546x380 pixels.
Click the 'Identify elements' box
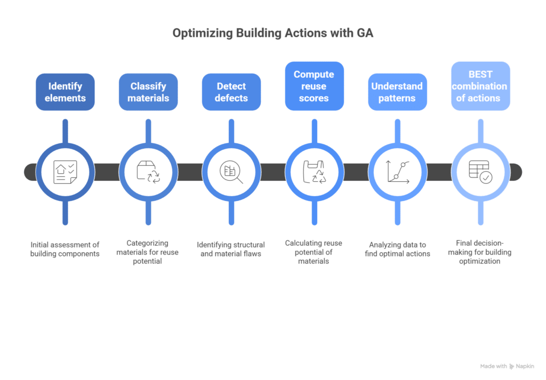65,92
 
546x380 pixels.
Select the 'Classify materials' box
148,92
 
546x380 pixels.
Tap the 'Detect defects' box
231,92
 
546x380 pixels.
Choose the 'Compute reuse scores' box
314,86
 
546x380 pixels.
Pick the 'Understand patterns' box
397,92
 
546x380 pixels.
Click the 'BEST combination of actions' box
480,86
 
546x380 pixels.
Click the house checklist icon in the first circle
65,172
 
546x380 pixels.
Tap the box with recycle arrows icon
148,172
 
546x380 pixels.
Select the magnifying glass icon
231,172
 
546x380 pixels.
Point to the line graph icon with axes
397,172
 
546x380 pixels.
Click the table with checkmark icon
480,172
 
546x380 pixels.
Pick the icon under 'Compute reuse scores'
314,172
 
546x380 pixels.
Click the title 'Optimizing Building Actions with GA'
272,33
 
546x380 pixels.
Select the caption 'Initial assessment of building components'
65,249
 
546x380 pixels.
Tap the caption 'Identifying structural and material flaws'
231,249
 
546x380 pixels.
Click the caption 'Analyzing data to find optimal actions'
397,249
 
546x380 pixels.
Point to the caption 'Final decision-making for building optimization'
480,252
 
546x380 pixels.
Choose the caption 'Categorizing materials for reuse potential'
148,252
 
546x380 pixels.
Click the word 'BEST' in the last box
480,74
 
